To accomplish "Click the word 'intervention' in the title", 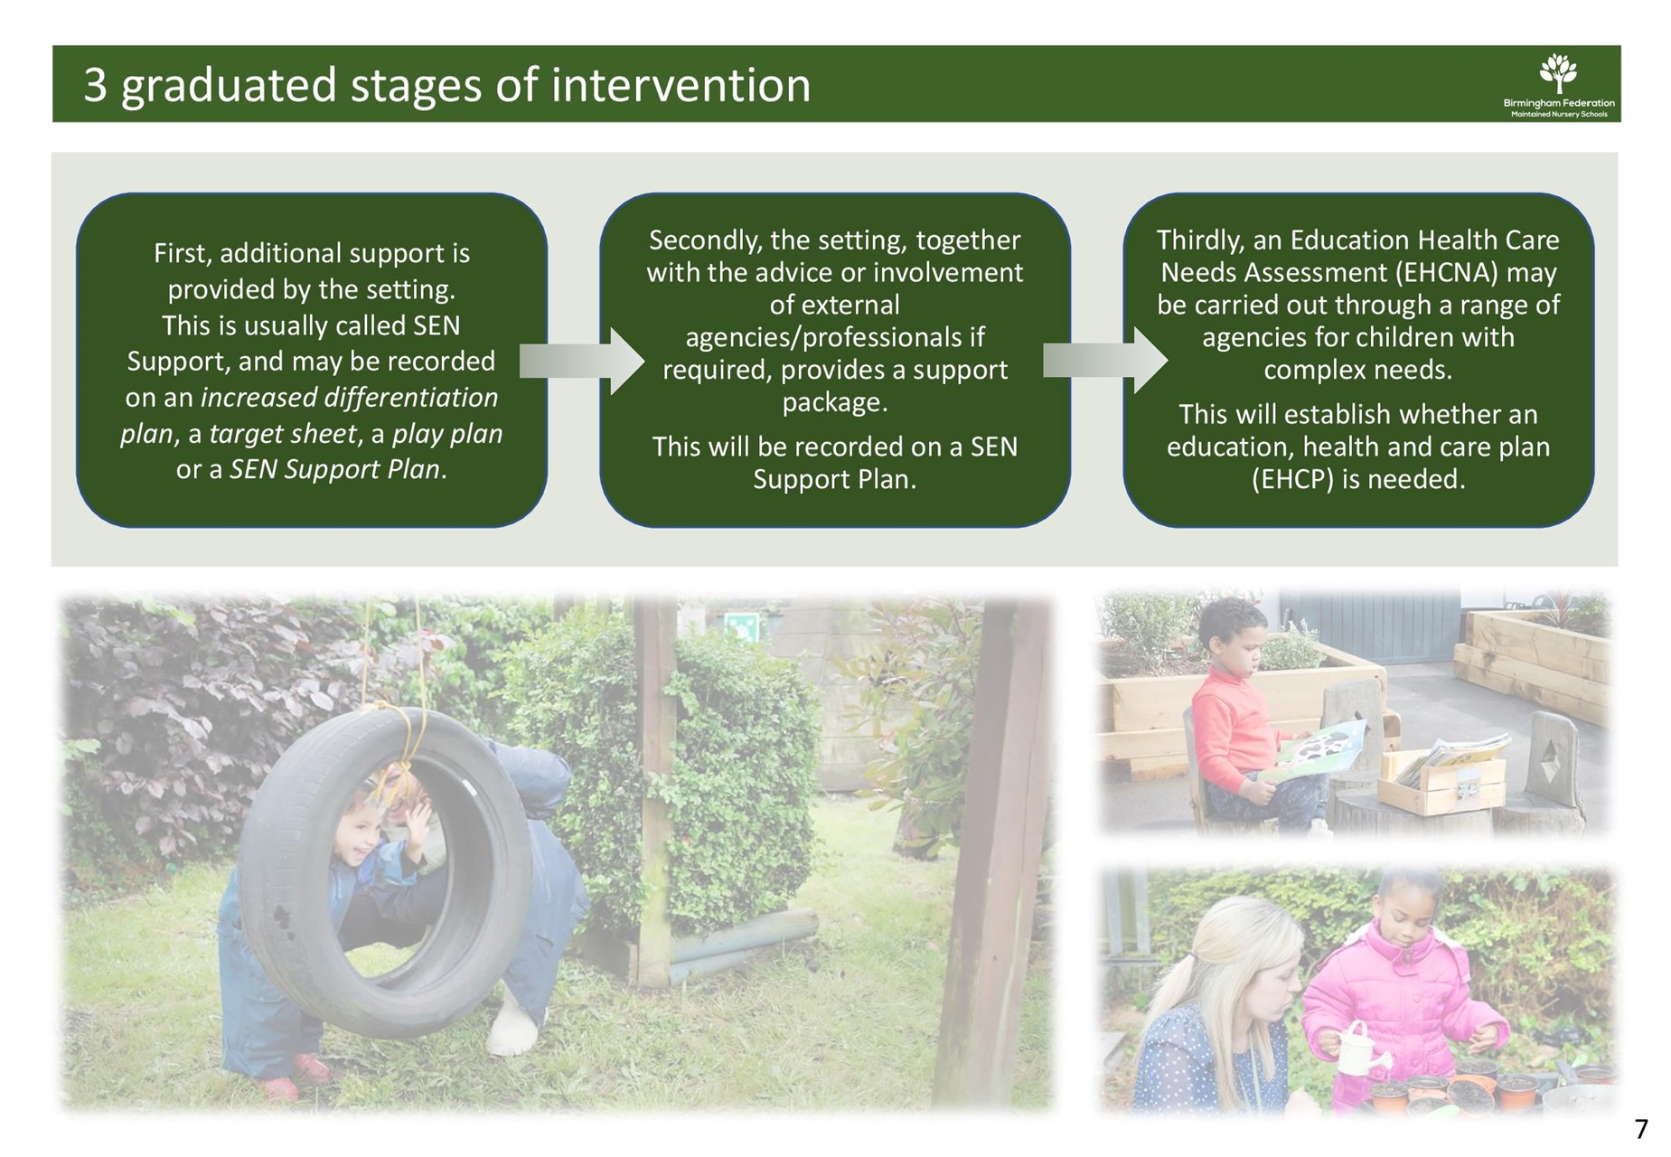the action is [x=681, y=85].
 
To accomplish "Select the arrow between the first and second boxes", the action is [x=581, y=362].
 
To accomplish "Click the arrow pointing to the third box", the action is [x=1104, y=361].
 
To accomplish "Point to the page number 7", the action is [x=1641, y=1129].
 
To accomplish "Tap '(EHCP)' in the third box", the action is [x=1292, y=479].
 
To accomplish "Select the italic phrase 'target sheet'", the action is [x=283, y=434].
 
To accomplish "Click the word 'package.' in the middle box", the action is [x=835, y=403].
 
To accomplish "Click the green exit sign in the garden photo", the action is [x=739, y=626].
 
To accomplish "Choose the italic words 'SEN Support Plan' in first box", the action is [x=334, y=470].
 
